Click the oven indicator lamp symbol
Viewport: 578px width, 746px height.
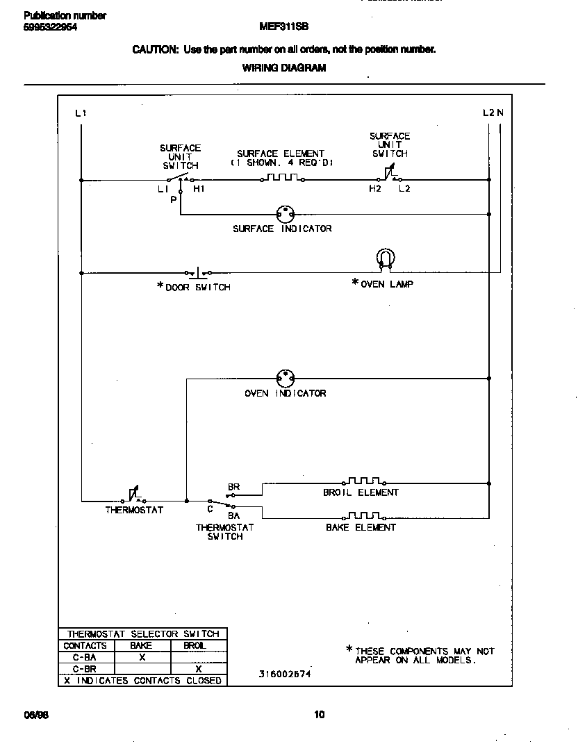pos(284,379)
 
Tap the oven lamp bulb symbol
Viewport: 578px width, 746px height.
pos(384,258)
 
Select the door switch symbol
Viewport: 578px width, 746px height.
pos(199,272)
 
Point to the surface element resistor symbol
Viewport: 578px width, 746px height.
pos(282,179)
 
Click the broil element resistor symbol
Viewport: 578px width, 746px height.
pos(364,481)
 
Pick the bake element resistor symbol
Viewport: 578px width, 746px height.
pos(364,515)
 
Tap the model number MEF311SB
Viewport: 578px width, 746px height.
pos(283,27)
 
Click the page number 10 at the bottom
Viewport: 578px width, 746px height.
pos(319,715)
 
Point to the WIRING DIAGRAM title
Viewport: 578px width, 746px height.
pos(283,68)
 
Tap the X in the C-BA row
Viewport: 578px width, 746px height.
pos(142,657)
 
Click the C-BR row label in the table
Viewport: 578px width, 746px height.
pos(84,669)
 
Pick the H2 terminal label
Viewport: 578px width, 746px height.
pos(375,189)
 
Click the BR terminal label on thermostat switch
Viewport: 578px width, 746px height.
pos(233,487)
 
